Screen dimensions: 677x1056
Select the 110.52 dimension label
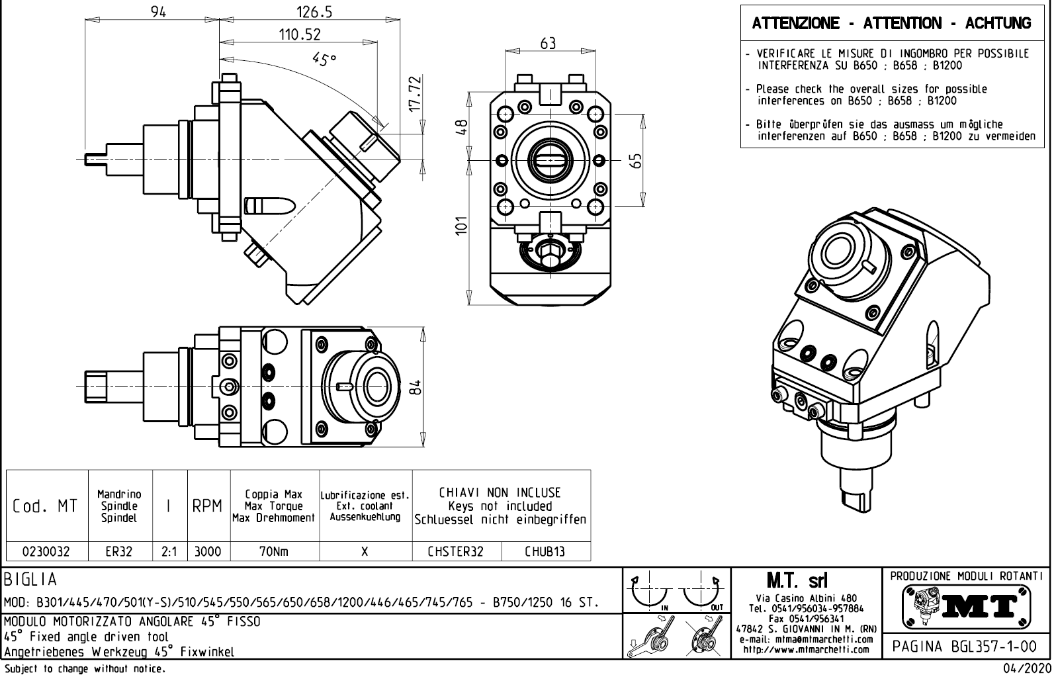point(299,34)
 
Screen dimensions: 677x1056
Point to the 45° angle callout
point(324,59)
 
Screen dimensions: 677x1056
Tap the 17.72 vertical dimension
point(414,94)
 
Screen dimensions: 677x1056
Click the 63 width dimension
point(548,44)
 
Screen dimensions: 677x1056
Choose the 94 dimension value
point(158,12)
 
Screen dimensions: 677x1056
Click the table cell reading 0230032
point(46,551)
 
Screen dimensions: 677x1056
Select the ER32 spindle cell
point(120,551)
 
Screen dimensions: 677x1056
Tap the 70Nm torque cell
point(274,551)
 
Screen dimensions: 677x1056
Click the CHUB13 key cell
point(545,551)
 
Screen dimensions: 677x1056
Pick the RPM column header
point(208,507)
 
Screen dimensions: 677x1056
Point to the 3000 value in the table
point(208,551)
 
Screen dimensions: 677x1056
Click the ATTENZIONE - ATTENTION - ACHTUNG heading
point(891,24)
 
